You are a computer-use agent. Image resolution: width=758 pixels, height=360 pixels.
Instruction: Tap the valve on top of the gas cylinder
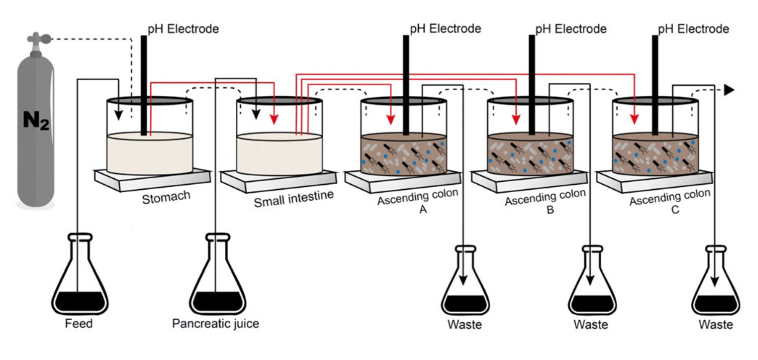[x=37, y=39]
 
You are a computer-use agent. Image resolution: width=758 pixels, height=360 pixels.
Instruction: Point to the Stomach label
[x=166, y=197]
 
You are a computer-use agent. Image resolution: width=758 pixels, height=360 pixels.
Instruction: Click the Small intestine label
[x=294, y=198]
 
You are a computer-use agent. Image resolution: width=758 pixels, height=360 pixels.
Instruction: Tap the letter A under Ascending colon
[x=423, y=209]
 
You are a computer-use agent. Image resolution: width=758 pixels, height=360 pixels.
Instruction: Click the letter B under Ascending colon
[x=550, y=210]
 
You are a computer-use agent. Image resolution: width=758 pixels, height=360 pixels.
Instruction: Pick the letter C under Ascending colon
[x=675, y=210]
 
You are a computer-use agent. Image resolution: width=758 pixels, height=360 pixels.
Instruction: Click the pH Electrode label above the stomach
[x=183, y=29]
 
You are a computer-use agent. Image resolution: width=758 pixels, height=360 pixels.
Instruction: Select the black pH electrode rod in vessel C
[x=655, y=85]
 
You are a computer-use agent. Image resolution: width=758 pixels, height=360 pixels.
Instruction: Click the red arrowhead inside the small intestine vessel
[x=274, y=119]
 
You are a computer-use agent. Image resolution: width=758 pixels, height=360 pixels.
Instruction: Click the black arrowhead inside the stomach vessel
[x=118, y=115]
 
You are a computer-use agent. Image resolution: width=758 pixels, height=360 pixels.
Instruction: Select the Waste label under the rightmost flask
[x=715, y=325]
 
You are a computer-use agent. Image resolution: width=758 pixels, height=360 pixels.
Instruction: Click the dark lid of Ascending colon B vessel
[x=530, y=101]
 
